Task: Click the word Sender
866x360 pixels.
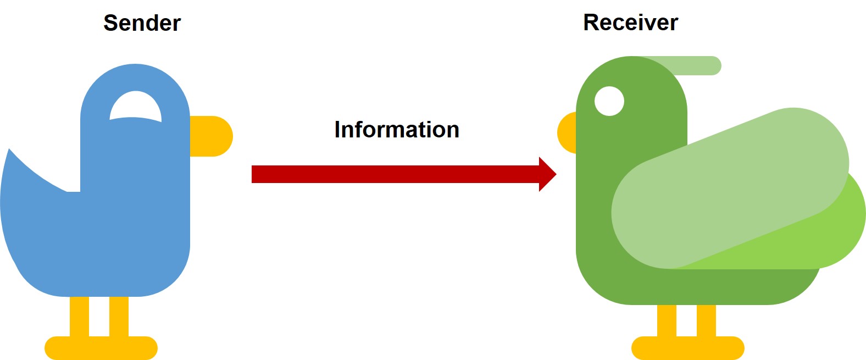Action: pos(142,23)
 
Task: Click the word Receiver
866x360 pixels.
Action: pos(630,23)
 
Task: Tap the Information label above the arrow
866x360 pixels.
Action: pos(396,130)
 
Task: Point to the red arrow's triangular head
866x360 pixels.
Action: pos(547,174)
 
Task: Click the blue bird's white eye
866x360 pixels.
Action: pos(136,105)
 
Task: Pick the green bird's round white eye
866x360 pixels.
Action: pos(609,101)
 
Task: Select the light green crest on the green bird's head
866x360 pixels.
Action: pos(698,65)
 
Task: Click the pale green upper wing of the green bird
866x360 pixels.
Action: pos(731,187)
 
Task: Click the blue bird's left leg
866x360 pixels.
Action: pos(79,316)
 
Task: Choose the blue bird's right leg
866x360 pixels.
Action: pos(119,316)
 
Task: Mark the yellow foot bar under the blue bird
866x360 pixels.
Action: pos(101,348)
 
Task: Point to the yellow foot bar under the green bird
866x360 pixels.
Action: pos(687,348)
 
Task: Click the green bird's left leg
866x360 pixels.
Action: pos(667,320)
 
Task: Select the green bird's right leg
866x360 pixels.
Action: pos(706,320)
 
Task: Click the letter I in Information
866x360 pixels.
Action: pos(337,130)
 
